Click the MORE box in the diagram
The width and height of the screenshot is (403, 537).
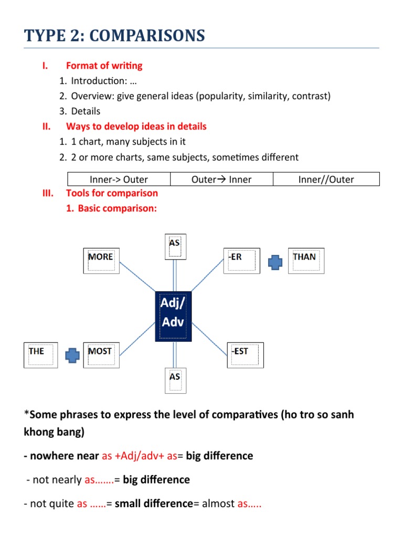click(101, 261)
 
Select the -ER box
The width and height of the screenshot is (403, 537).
click(241, 261)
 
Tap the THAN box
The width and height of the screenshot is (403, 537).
click(306, 261)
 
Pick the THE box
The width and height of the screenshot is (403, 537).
click(41, 355)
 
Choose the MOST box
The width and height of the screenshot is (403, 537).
click(101, 355)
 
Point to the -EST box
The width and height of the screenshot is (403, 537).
click(245, 355)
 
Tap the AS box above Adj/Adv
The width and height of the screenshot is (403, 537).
click(174, 246)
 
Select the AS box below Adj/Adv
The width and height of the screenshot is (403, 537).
click(174, 380)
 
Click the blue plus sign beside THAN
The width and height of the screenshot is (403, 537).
click(275, 262)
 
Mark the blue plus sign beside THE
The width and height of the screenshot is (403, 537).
click(72, 356)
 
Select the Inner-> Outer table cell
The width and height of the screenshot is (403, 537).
click(119, 179)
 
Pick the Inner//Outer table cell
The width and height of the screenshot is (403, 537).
click(326, 179)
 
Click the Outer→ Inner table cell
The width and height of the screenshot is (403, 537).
click(221, 179)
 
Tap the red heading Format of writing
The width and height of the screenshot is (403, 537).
click(104, 66)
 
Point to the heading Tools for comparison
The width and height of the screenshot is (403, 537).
click(112, 193)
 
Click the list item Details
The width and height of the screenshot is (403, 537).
click(86, 111)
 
